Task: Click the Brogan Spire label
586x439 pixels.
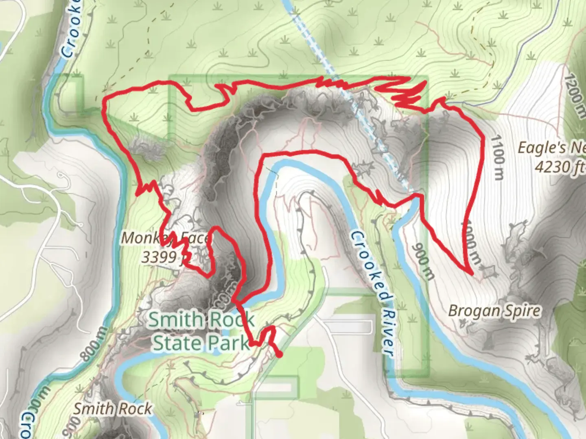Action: [494, 311]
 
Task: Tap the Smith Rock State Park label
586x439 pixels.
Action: [201, 331]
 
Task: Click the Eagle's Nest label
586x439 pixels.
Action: [551, 148]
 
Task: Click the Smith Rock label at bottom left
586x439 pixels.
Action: [112, 409]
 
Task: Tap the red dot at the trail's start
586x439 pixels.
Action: [279, 355]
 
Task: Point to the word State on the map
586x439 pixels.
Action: [177, 343]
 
